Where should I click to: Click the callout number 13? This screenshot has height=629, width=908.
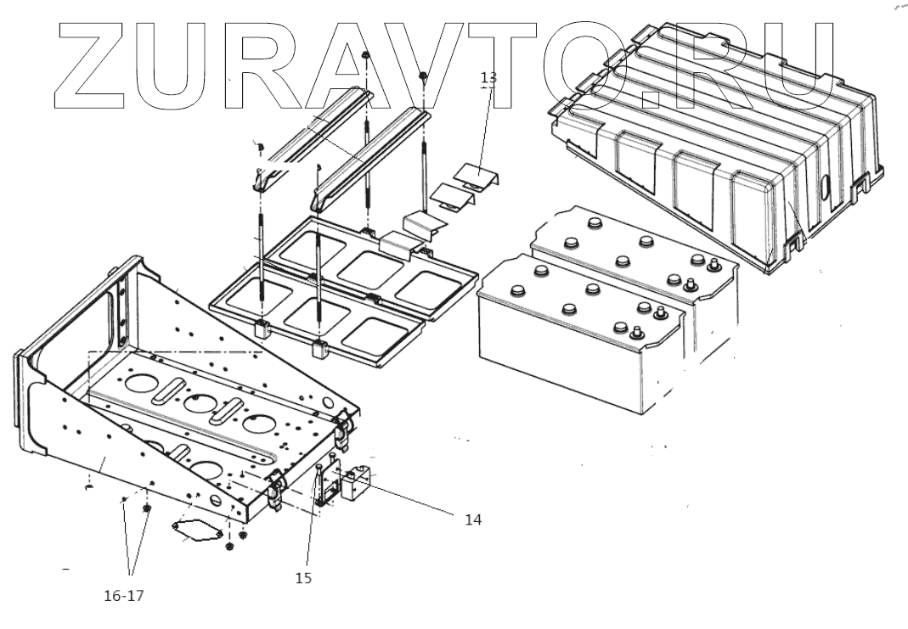[x=488, y=77]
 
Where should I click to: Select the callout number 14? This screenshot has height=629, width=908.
[x=473, y=519]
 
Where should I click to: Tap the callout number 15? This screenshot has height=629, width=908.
[x=303, y=578]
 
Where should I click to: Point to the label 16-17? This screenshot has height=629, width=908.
[x=124, y=595]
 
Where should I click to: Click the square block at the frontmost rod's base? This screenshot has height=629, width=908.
[x=321, y=349]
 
